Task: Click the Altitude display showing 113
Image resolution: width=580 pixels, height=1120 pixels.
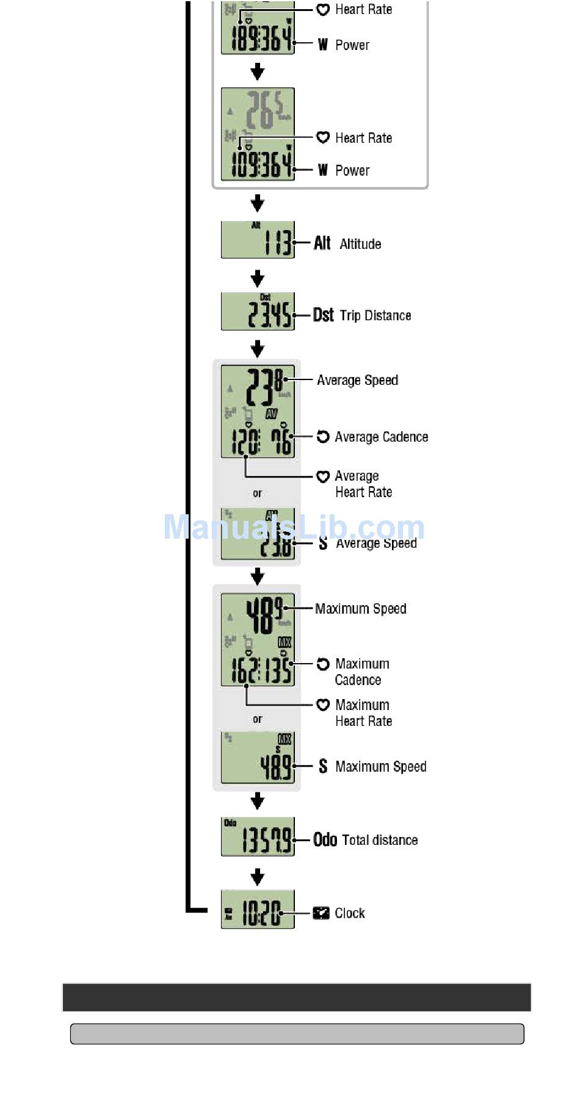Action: click(258, 240)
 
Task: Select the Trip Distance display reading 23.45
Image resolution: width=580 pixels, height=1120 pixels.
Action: click(258, 312)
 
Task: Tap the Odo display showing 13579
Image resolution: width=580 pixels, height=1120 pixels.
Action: click(258, 837)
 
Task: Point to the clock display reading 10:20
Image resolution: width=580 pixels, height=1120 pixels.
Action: click(258, 910)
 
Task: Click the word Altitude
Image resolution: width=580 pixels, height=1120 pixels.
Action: click(360, 244)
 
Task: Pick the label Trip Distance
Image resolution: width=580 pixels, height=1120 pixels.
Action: click(375, 315)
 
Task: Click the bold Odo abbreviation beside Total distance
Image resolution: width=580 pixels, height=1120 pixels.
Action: click(325, 840)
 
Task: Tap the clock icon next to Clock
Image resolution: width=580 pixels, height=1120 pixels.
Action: click(321, 913)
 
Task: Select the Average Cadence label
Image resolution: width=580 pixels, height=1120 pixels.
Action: click(381, 437)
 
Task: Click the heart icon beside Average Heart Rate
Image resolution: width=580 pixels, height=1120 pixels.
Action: click(323, 476)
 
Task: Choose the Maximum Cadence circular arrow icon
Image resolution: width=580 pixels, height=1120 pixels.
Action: click(323, 664)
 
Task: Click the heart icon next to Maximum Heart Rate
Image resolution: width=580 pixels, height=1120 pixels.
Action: click(323, 705)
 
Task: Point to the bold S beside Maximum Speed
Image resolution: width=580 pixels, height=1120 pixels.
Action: click(323, 767)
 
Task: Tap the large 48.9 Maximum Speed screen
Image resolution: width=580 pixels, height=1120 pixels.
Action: click(258, 639)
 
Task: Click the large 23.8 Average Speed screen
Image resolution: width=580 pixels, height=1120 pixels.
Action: click(258, 411)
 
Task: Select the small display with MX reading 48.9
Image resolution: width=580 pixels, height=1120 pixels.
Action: click(258, 757)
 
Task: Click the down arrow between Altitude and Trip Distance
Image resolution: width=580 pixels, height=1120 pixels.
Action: click(258, 279)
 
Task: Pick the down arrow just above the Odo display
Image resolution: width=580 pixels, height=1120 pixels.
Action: click(258, 800)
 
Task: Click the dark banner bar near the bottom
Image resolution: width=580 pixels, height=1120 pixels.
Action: click(297, 997)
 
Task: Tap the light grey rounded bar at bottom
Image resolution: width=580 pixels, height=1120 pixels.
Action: click(297, 1033)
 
